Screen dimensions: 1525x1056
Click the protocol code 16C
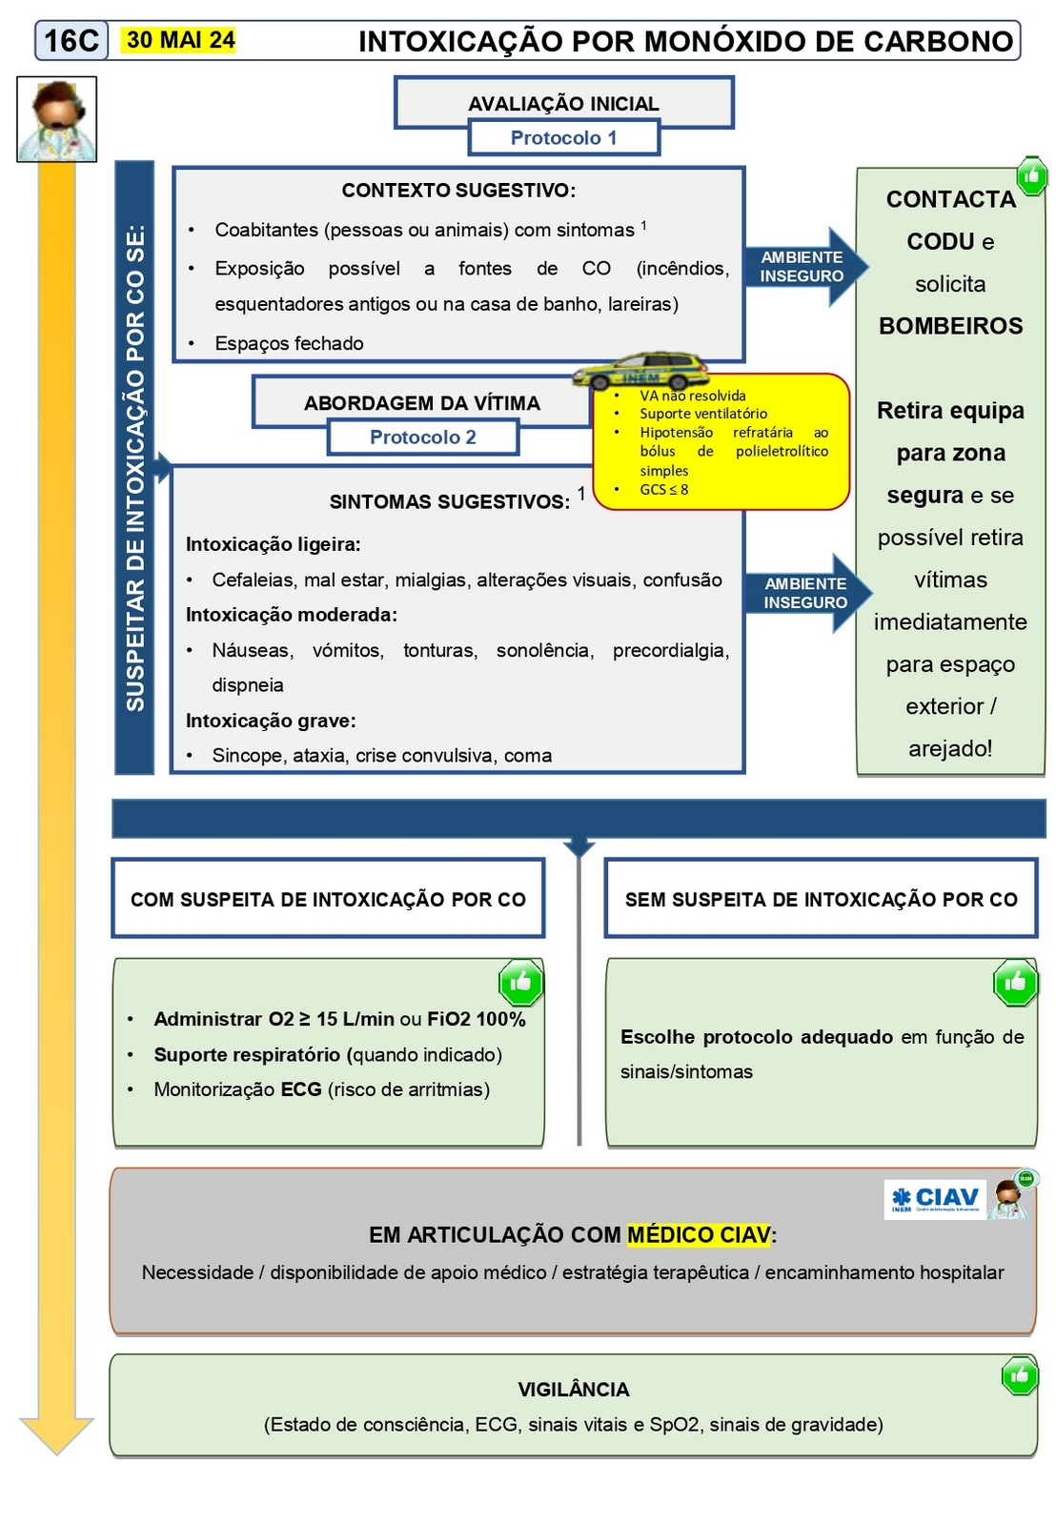click(71, 41)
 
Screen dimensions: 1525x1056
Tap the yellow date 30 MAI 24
click(180, 40)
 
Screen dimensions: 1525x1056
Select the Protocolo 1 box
click(563, 137)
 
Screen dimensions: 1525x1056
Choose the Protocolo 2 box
click(423, 437)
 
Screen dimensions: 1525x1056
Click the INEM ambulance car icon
click(641, 371)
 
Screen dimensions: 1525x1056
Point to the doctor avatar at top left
click(57, 119)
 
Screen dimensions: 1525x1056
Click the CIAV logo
click(935, 1199)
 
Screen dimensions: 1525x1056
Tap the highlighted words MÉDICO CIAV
click(699, 1235)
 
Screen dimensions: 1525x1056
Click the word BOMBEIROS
click(950, 326)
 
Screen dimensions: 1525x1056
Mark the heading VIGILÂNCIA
click(574, 1390)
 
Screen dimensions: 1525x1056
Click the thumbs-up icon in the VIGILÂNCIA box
click(1019, 1375)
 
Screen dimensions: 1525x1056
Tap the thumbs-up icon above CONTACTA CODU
click(1030, 175)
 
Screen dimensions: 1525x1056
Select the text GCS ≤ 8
click(664, 490)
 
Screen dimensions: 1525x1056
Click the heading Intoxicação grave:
click(271, 721)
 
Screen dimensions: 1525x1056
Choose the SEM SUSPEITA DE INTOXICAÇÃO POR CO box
click(821, 899)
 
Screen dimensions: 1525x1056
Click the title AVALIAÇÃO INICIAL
click(563, 104)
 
